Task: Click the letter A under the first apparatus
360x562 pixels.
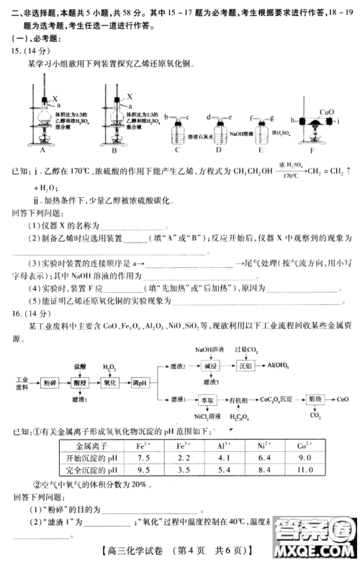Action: [42, 152]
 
